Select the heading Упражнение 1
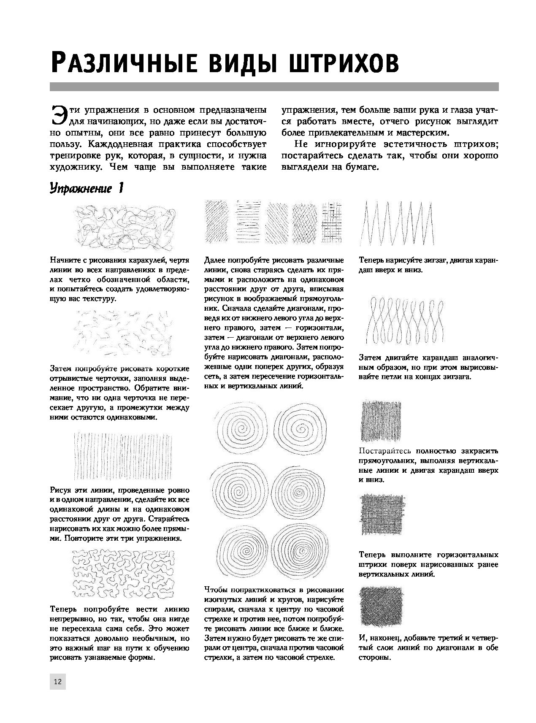86,188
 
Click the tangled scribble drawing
125,227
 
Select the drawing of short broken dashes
125,333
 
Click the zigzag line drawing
397,223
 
